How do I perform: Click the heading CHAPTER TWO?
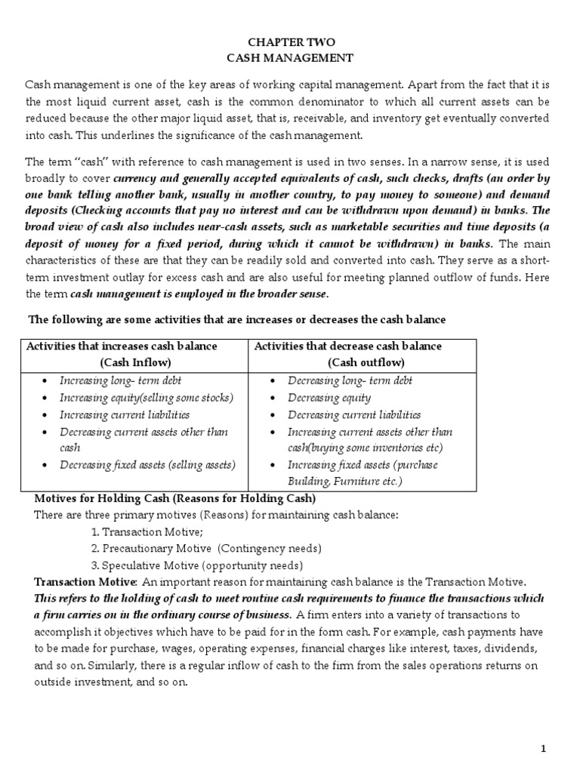click(290, 42)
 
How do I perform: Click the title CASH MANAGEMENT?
click(290, 57)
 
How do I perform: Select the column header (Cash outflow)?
click(347, 362)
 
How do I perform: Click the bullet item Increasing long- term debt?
click(121, 381)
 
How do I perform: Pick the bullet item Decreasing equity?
click(329, 398)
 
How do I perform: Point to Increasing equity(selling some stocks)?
click(147, 398)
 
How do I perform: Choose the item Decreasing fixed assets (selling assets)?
click(148, 465)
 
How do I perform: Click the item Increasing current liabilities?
click(125, 415)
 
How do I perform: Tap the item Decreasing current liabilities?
click(354, 415)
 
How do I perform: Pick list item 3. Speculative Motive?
click(196, 565)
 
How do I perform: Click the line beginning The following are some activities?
click(236, 320)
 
